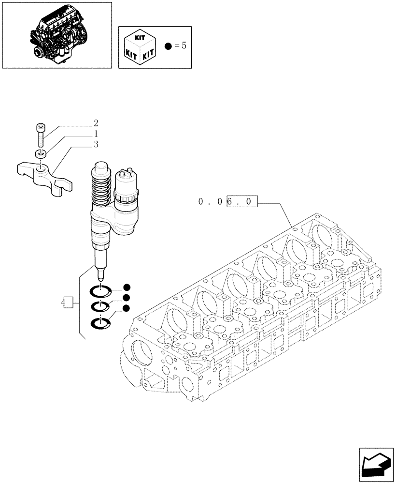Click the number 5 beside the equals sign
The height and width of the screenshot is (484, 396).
(x=184, y=46)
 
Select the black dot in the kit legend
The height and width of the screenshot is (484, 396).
(x=167, y=46)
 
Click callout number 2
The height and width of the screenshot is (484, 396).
(x=96, y=123)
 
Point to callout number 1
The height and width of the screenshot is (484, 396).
(x=96, y=134)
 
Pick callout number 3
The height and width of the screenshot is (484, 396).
(x=96, y=144)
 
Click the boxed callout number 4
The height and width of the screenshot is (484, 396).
(x=67, y=302)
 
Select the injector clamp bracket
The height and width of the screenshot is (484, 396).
(x=44, y=177)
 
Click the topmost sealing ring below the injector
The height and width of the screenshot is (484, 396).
(x=100, y=291)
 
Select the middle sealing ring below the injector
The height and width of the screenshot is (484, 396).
(x=100, y=307)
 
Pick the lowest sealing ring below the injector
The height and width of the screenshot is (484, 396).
(x=100, y=323)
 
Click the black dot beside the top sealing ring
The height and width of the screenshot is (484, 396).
(x=126, y=287)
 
